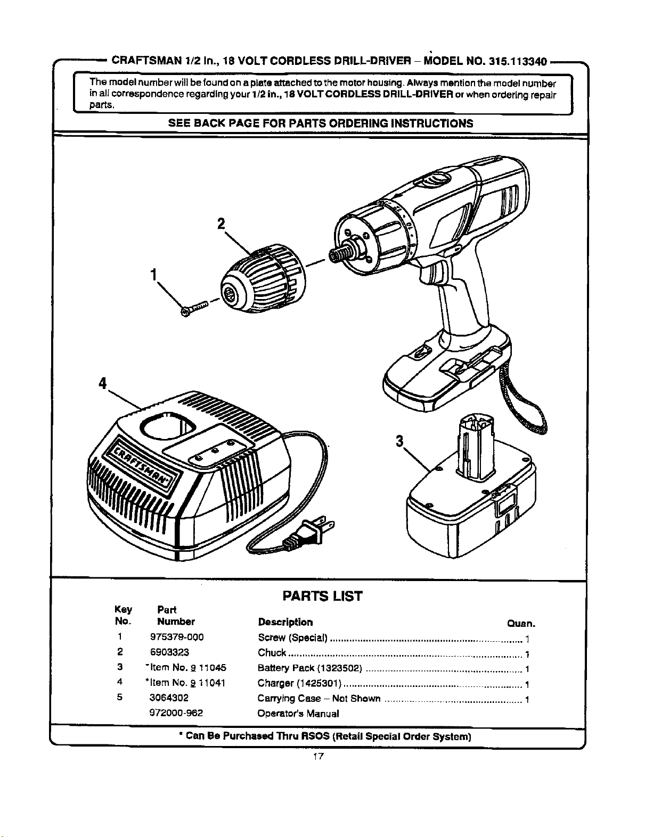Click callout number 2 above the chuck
click(x=221, y=223)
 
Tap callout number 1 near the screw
click(x=154, y=275)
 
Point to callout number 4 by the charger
click(x=103, y=383)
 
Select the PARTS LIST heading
click(x=322, y=596)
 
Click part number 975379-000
click(x=177, y=637)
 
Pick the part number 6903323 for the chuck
click(x=169, y=652)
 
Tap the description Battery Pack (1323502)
click(x=309, y=667)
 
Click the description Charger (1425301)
click(x=299, y=683)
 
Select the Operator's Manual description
click(x=298, y=714)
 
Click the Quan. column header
click(x=521, y=624)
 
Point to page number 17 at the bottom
click(x=318, y=756)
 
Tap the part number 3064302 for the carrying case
click(x=169, y=698)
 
